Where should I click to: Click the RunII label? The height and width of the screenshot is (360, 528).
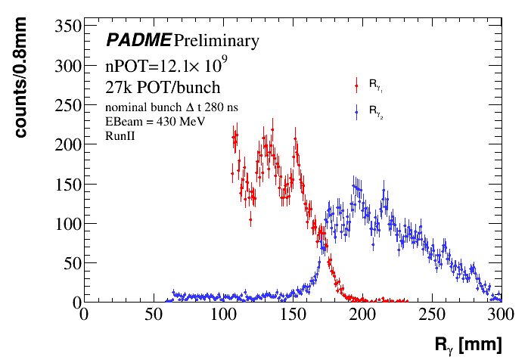pyautogui.click(x=120, y=135)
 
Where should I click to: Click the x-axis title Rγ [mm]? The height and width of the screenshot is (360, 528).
pyautogui.click(x=467, y=344)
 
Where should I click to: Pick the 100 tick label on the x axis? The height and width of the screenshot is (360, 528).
pyautogui.click(x=222, y=314)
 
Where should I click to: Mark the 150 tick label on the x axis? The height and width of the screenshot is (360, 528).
pyautogui.click(x=292, y=314)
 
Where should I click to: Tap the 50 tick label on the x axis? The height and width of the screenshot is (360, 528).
pyautogui.click(x=153, y=314)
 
